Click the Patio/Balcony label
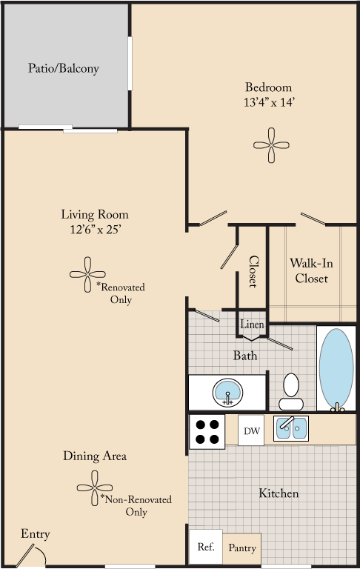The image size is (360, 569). point(64,68)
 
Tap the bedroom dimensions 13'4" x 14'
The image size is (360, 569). point(273,102)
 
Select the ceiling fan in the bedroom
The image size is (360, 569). point(273,145)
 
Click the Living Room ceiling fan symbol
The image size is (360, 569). point(88,275)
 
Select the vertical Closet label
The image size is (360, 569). point(253,272)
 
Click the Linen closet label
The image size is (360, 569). point(249,325)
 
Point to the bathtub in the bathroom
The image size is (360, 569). point(336,367)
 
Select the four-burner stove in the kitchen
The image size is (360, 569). point(207,431)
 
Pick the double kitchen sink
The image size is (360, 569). point(291,428)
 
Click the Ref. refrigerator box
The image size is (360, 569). point(205,548)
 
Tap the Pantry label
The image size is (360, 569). point(241,548)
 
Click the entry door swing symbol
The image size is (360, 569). point(34,554)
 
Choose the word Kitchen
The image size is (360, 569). point(279,493)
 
